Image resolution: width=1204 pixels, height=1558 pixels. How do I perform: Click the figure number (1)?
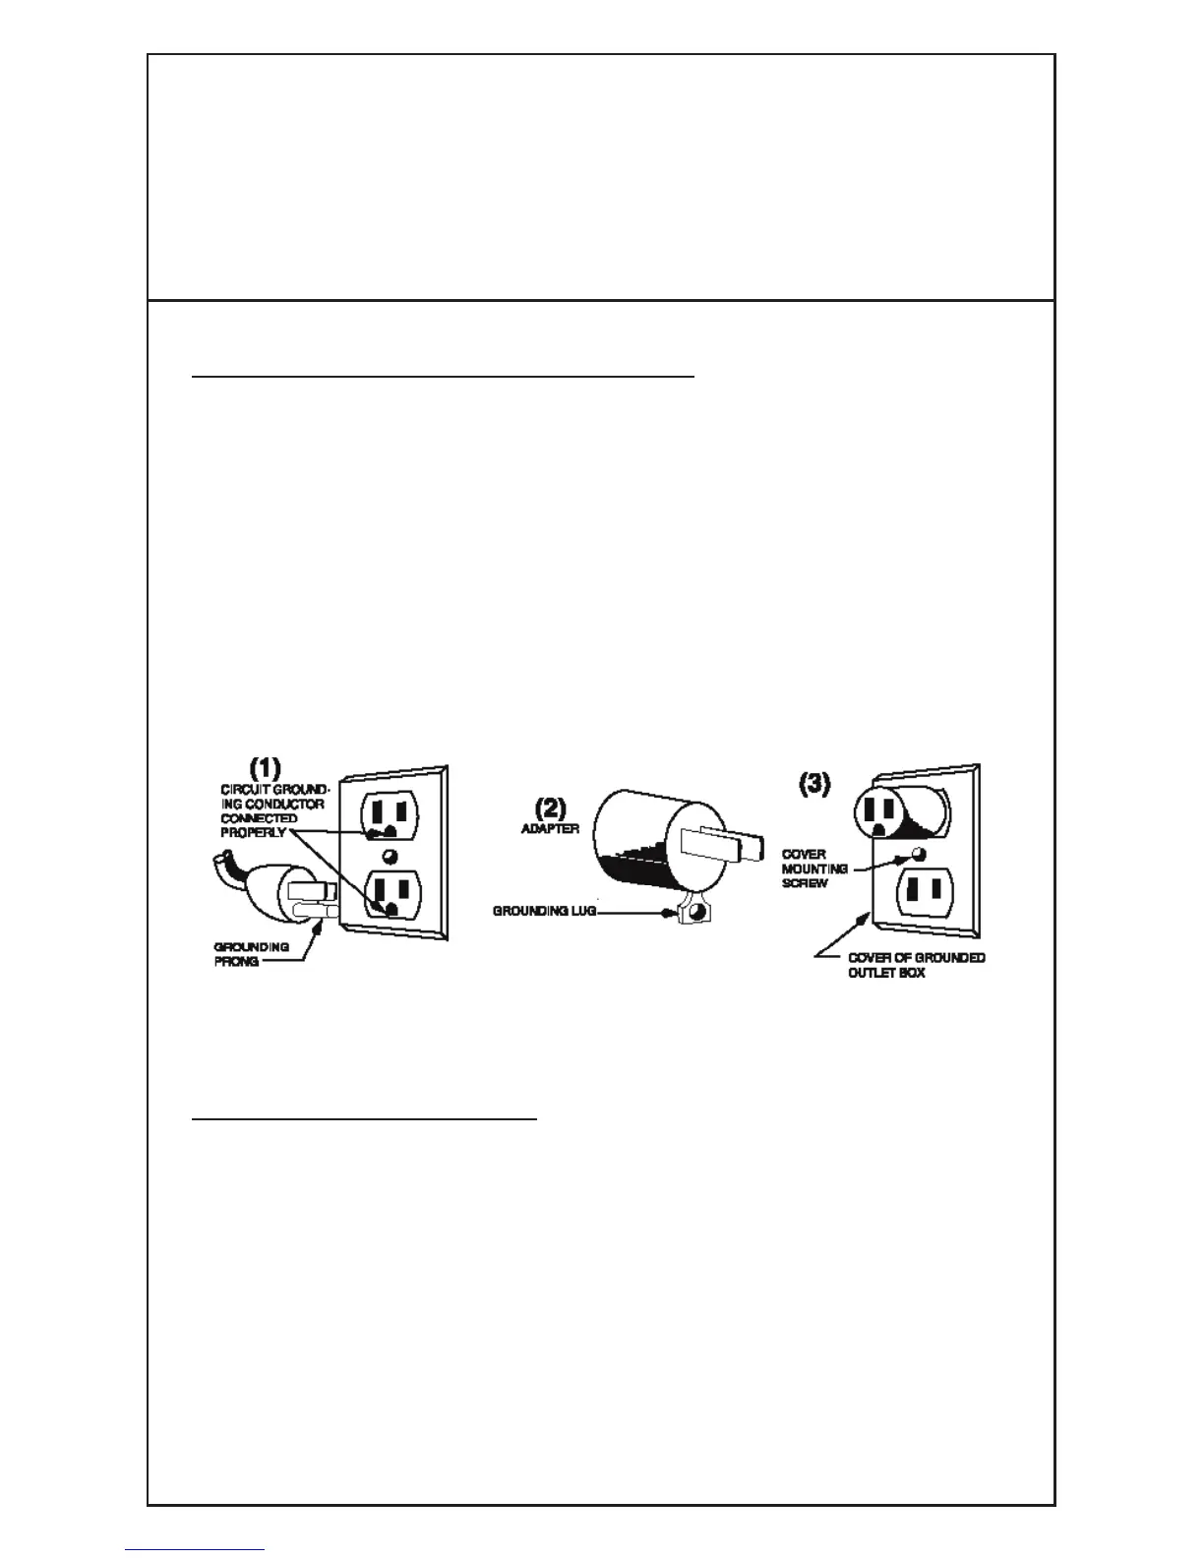[x=265, y=767]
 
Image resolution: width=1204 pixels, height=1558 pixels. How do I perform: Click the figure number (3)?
[x=814, y=785]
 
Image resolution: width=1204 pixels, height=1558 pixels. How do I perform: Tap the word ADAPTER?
[x=550, y=829]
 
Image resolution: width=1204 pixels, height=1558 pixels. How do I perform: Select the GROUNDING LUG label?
[x=544, y=912]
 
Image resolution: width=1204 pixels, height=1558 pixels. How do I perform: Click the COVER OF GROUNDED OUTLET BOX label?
[x=916, y=965]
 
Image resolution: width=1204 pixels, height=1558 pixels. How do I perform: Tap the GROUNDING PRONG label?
[x=251, y=954]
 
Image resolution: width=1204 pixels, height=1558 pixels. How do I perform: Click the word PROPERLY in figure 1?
[x=253, y=832]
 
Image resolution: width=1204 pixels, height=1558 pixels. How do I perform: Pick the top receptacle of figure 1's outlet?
[x=389, y=815]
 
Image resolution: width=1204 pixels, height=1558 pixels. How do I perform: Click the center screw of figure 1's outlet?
[x=390, y=855]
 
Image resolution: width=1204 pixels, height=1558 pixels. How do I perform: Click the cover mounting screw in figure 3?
[x=920, y=852]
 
